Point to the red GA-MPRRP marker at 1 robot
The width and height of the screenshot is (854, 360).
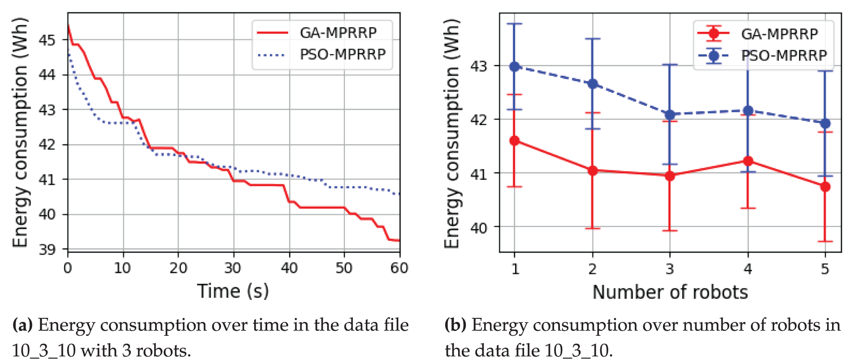(515, 141)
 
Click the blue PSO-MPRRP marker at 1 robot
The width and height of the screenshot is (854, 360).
(515, 66)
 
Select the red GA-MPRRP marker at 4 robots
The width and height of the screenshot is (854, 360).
(748, 161)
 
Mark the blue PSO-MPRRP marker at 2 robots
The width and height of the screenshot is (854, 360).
(593, 84)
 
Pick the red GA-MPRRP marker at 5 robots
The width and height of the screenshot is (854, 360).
(825, 187)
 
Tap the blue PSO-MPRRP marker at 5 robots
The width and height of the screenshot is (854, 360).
(825, 123)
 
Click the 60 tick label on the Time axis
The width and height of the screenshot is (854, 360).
(399, 268)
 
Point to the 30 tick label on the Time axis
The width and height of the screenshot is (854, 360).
(233, 268)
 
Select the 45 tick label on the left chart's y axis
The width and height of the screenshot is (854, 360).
(47, 40)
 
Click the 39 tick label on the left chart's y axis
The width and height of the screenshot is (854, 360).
(47, 249)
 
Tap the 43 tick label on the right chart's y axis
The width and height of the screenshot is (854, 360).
(479, 66)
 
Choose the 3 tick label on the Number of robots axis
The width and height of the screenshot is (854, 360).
(670, 269)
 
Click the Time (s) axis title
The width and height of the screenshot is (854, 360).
(233, 291)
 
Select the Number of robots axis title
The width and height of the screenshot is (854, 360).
(670, 292)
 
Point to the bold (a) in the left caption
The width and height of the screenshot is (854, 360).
(22, 325)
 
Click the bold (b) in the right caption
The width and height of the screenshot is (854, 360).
(455, 325)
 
